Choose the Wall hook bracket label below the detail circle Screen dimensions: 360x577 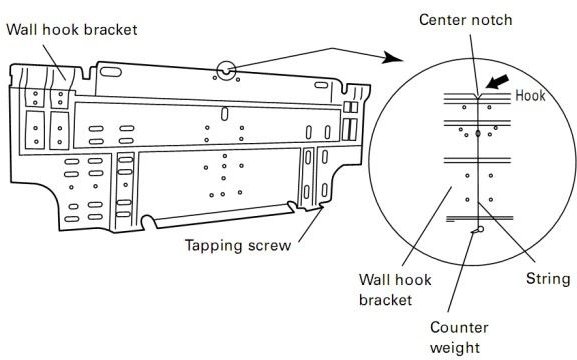[395, 288]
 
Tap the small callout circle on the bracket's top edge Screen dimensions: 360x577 [227, 71]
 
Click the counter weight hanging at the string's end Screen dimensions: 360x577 [478, 229]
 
